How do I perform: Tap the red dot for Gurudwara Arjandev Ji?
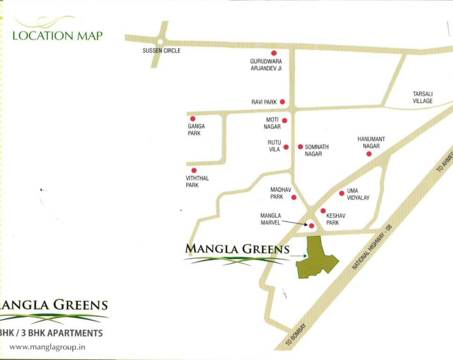[x=274, y=53]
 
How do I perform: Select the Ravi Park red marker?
[x=282, y=102]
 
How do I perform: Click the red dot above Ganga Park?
[x=193, y=119]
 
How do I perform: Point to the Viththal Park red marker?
[x=194, y=170]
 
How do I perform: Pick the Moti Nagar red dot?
[x=284, y=120]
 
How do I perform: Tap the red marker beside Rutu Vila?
[x=286, y=147]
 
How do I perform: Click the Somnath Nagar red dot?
[x=300, y=147]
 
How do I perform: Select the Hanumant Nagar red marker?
[x=369, y=154]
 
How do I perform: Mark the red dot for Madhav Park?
[x=294, y=197]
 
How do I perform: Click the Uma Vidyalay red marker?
[x=342, y=193]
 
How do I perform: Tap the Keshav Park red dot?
[x=323, y=211]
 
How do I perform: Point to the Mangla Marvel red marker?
[x=312, y=226]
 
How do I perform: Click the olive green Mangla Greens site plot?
[x=315, y=259]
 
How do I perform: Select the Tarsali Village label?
[x=423, y=97]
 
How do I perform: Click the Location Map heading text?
[x=57, y=36]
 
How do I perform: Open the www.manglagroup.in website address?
[x=47, y=347]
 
